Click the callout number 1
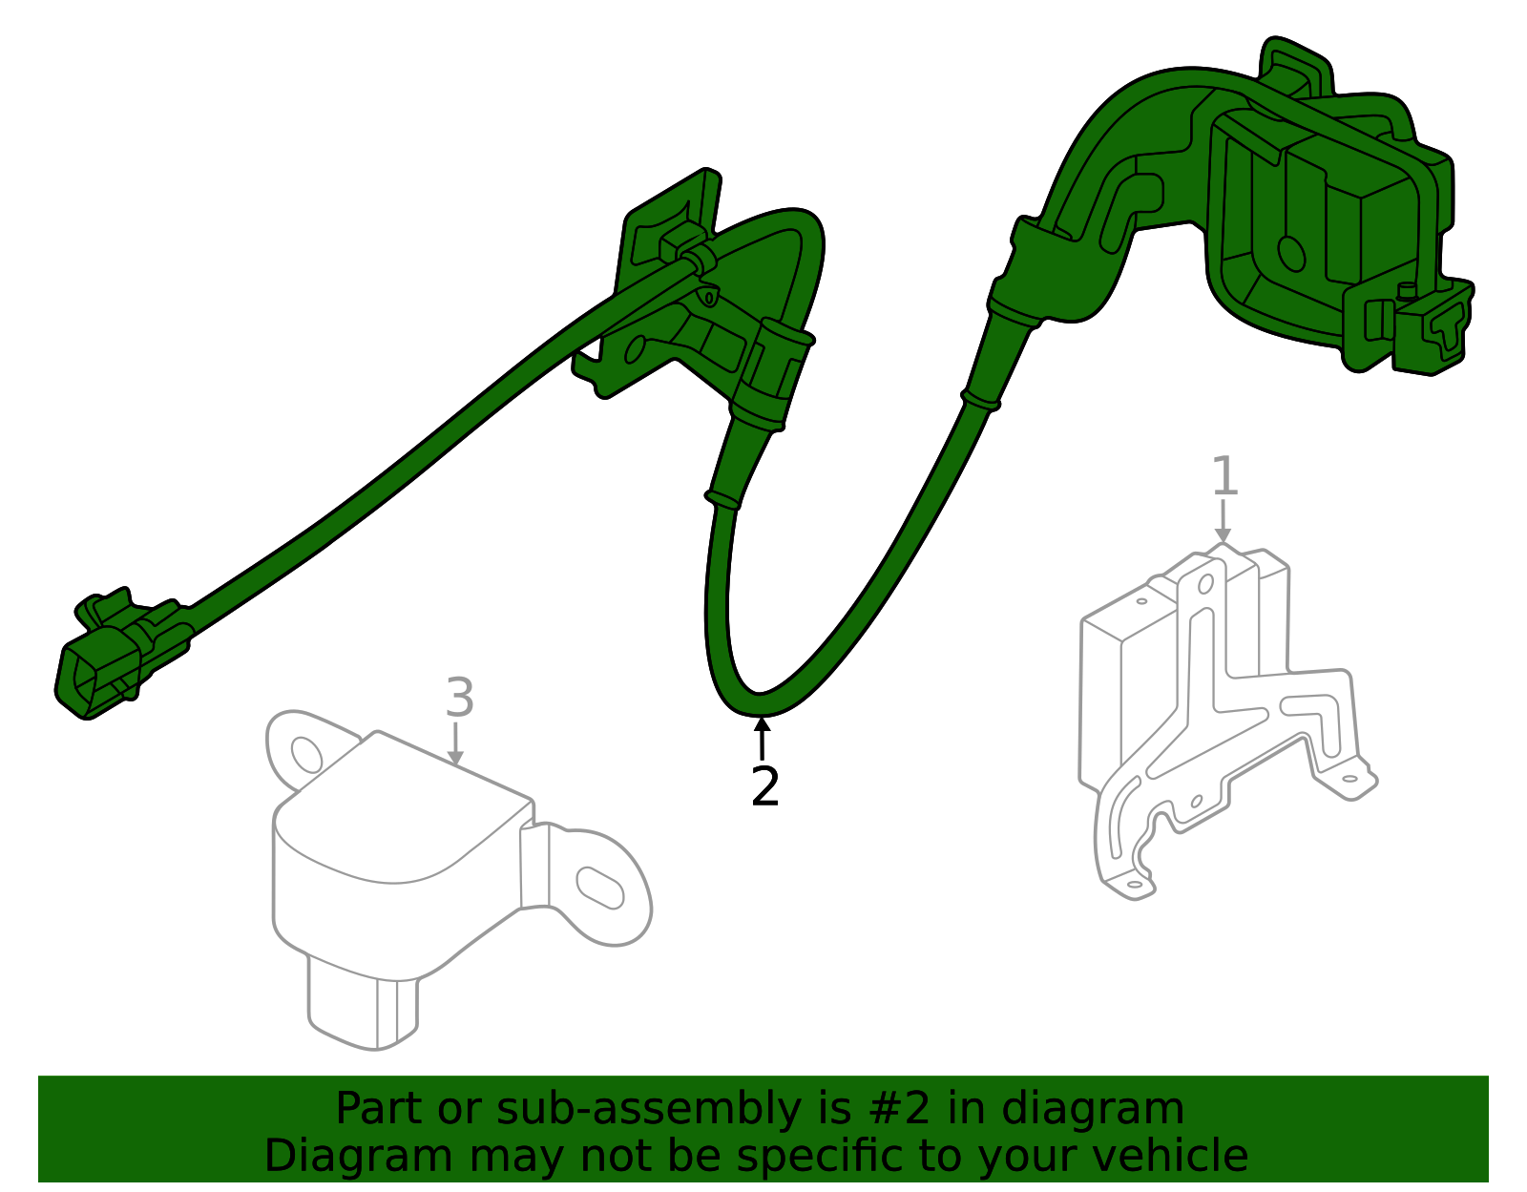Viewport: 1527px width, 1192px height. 1224,475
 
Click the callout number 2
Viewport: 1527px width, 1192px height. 764,786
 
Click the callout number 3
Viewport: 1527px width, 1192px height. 460,697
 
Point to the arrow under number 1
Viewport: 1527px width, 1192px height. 1224,520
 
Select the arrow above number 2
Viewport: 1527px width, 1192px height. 762,738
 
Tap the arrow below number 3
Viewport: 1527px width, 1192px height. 456,743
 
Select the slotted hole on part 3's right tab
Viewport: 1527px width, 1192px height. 600,888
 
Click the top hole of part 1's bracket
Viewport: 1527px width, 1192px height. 1205,584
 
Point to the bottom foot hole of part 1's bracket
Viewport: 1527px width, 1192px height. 1134,884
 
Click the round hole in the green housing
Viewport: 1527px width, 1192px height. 1291,254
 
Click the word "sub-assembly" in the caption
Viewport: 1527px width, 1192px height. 648,1108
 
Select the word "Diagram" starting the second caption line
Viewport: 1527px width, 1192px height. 359,1156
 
